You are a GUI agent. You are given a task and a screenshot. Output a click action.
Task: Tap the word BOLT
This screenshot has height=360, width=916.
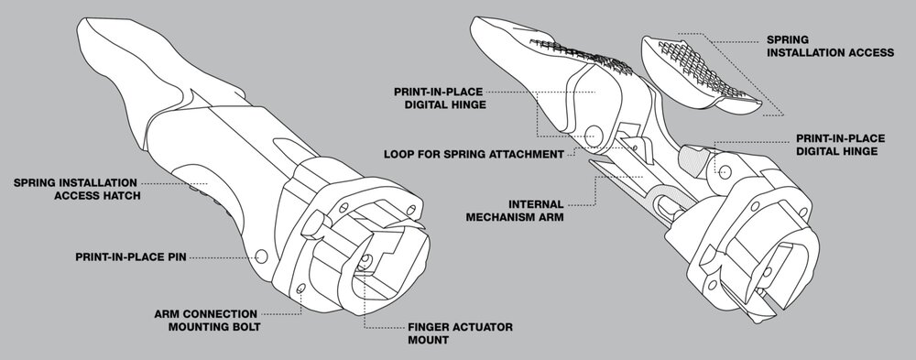pyautogui.click(x=245, y=327)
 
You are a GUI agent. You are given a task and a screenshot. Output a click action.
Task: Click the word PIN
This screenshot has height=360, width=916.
pyautogui.click(x=173, y=259)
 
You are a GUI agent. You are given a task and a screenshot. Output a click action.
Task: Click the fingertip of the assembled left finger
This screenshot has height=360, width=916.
pyautogui.click(x=101, y=37)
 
